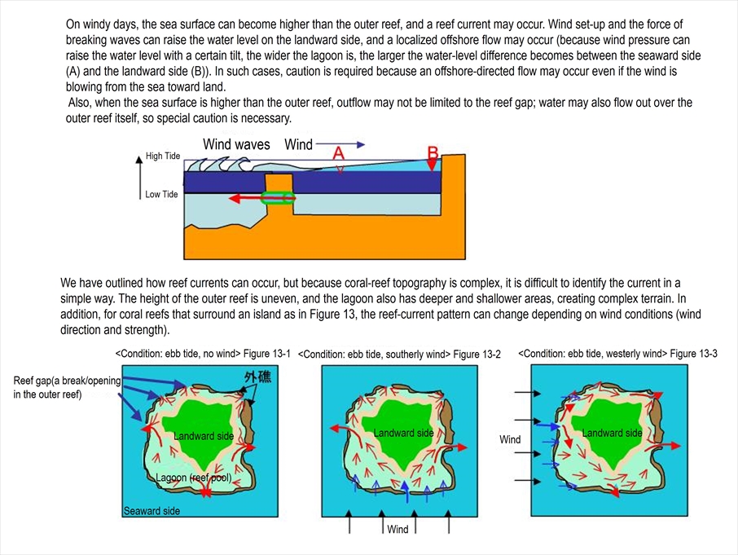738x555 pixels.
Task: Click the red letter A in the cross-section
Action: coord(338,153)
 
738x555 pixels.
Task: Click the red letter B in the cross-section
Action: coord(433,153)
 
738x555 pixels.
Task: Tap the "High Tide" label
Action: coord(163,156)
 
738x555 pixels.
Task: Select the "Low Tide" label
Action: coord(161,194)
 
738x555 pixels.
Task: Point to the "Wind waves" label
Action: coord(236,144)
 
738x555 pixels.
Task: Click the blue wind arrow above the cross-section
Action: coord(340,144)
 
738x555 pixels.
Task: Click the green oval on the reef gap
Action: coord(278,198)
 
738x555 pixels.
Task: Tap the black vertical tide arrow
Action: coord(139,178)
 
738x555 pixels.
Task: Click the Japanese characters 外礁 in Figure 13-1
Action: coord(258,377)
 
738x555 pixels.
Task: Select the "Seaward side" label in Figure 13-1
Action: coord(152,511)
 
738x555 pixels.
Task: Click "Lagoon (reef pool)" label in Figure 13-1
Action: coord(193,478)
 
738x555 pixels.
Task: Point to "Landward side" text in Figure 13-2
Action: coord(403,433)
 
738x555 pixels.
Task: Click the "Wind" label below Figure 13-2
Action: coord(398,529)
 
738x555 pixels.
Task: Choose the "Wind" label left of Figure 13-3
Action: coord(510,439)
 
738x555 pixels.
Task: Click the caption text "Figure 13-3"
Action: coord(694,353)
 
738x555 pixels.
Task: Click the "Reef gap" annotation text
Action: coord(67,387)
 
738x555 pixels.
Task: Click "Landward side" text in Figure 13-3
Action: coord(612,433)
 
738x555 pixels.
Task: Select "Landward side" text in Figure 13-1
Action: coord(204,436)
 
